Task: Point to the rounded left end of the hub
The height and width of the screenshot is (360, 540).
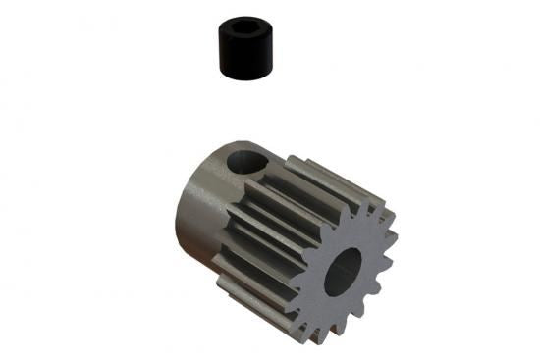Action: click(x=184, y=211)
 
